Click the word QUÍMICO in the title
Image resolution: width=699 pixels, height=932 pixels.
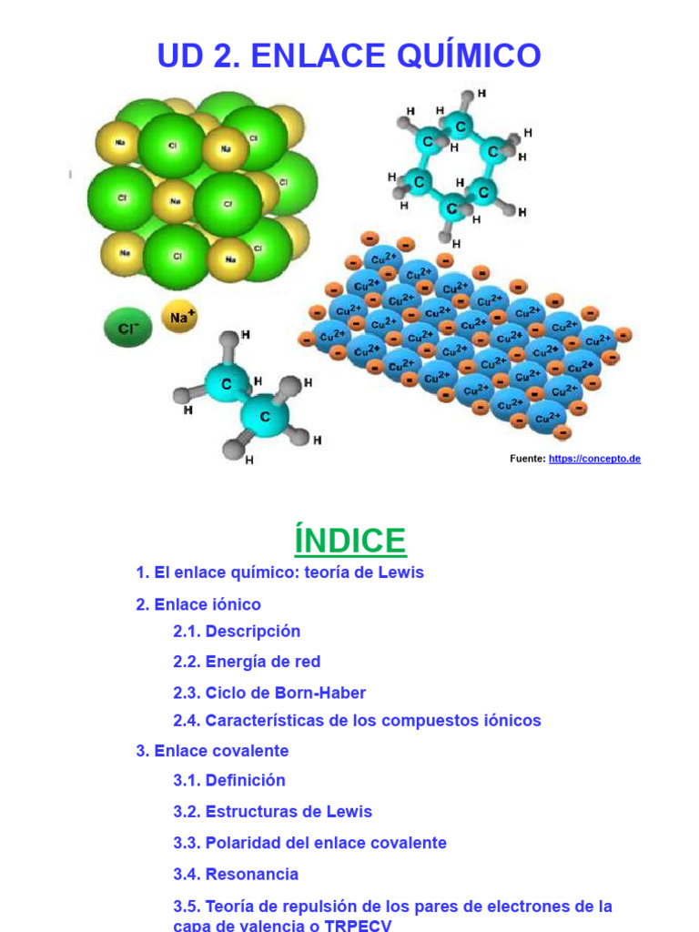click(469, 55)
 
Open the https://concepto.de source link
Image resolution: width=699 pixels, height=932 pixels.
click(594, 459)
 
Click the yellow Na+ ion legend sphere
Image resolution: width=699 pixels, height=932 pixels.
click(179, 317)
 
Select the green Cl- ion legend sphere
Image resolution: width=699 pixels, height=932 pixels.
click(127, 327)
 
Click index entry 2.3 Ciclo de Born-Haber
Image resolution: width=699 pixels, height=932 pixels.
click(269, 693)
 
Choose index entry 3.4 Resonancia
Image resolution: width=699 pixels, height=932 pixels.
click(236, 875)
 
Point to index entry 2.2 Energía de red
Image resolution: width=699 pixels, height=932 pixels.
click(247, 662)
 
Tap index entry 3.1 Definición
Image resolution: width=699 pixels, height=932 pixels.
click(228, 780)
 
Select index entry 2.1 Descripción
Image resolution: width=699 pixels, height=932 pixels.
click(237, 632)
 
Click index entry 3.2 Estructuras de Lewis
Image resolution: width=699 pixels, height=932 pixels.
click(272, 811)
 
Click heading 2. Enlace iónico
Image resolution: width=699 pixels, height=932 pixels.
click(198, 604)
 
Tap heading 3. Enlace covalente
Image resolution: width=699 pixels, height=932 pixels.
click(212, 751)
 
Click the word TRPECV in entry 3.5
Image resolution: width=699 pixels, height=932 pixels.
click(358, 926)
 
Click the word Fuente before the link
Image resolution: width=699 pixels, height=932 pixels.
click(528, 459)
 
